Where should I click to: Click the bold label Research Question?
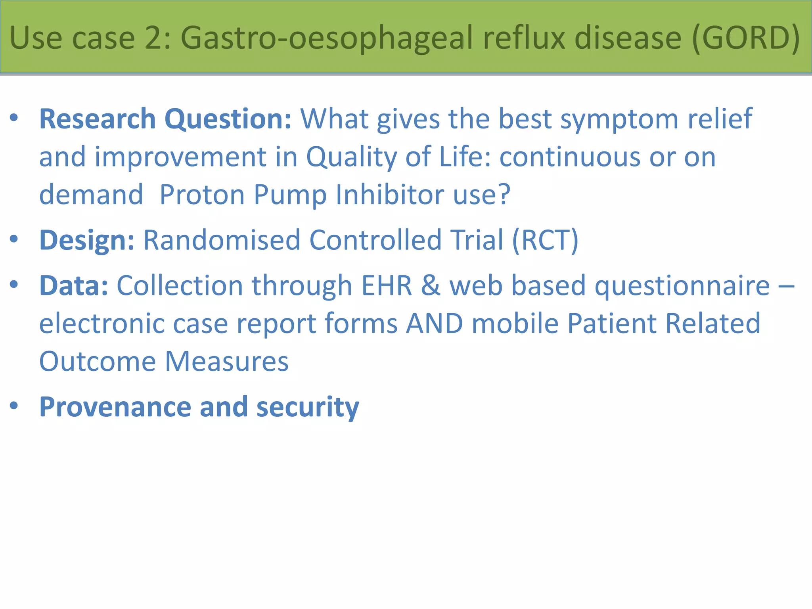[165, 119]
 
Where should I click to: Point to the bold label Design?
[87, 240]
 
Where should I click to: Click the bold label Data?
[74, 285]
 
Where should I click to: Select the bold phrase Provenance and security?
[199, 407]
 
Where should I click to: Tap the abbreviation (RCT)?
[545, 240]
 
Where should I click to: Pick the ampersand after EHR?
[430, 285]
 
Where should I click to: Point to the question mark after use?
[504, 195]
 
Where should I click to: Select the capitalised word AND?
[435, 323]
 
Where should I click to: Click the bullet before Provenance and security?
[14, 405]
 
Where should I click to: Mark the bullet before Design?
[14, 239]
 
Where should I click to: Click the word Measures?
[226, 362]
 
